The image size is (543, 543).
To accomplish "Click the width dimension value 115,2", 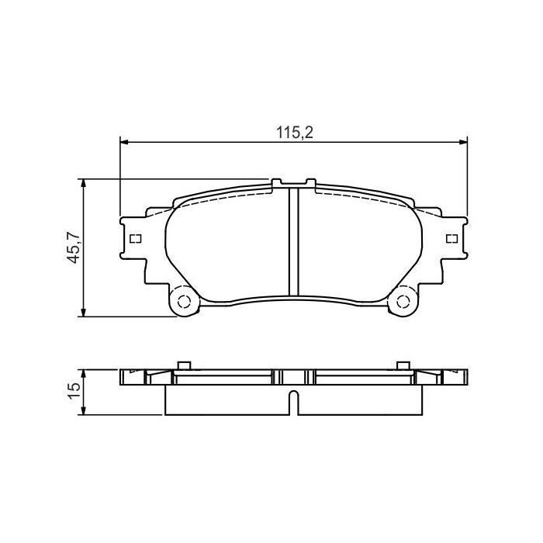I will point(294,133).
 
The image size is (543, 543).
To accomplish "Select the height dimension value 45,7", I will point(74,247).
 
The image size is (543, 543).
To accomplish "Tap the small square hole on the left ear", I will point(135,238).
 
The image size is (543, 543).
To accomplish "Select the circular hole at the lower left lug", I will point(184,302).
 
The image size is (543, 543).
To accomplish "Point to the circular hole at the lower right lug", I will point(403,302).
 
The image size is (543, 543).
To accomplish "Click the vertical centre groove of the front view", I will point(293,241).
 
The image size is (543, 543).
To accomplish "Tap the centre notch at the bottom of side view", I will point(293,403).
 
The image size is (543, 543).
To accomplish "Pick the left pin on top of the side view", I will point(184,365).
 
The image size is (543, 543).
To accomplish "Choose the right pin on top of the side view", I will point(403,365).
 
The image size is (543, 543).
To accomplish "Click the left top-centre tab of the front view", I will point(276,183).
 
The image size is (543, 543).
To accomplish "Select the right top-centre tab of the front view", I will point(310,183).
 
